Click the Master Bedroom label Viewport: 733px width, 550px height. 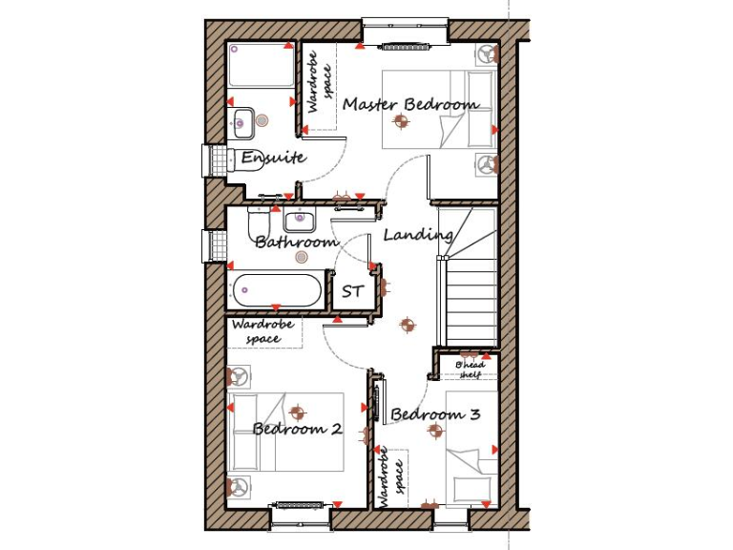(x=410, y=103)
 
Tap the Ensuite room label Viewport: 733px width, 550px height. (x=272, y=158)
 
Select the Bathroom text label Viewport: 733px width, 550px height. (x=296, y=243)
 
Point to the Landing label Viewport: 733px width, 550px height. (x=418, y=234)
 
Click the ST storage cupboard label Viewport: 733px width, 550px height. (x=352, y=291)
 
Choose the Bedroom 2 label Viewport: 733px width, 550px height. (x=297, y=429)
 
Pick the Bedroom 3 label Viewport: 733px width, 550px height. (x=435, y=414)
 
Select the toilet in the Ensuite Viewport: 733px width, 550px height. (x=220, y=159)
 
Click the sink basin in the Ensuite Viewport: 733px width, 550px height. (x=241, y=121)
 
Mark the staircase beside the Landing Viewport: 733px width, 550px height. (x=468, y=277)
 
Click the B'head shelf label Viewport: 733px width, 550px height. (x=471, y=370)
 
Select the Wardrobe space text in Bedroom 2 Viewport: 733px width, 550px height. (x=262, y=331)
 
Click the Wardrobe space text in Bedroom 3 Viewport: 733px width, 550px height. (x=390, y=477)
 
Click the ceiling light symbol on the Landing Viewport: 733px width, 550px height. (x=408, y=326)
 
